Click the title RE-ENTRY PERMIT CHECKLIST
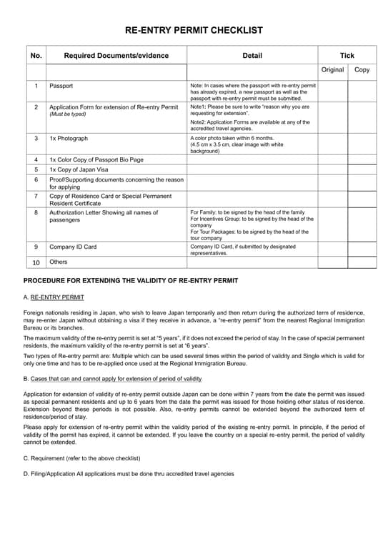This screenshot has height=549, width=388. tap(194, 30)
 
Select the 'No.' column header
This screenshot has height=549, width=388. tap(36, 56)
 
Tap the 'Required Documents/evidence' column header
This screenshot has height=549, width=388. tap(116, 56)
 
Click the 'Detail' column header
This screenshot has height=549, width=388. tap(252, 56)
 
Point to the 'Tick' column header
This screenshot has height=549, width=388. tap(347, 56)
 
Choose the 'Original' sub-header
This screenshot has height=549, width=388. tap(332, 70)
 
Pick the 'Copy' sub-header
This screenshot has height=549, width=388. tap(362, 70)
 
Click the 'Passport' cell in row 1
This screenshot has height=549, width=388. tap(61, 86)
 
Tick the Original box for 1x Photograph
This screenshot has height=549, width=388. tap(332, 144)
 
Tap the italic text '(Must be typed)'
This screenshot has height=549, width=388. tap(69, 114)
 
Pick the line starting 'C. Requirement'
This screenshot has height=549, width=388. tap(81, 457)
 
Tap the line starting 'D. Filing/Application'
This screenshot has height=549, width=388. tap(129, 473)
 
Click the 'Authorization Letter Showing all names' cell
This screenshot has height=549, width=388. tap(104, 212)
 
